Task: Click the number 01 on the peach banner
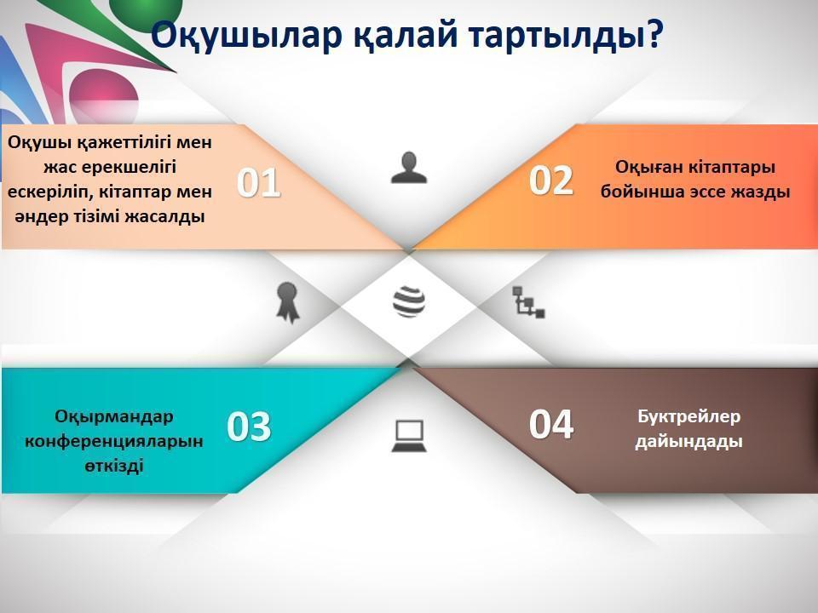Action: [x=259, y=183]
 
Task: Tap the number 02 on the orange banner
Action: [x=551, y=180]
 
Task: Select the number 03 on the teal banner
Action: [x=249, y=427]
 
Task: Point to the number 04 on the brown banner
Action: [x=551, y=424]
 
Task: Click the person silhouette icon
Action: [x=409, y=168]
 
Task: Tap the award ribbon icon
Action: [x=287, y=303]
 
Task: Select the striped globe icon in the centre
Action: [x=409, y=301]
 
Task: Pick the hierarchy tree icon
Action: [x=528, y=302]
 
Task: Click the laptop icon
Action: [x=409, y=436]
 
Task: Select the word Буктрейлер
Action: [x=688, y=416]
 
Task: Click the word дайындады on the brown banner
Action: [x=688, y=442]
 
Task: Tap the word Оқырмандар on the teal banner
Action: [x=113, y=416]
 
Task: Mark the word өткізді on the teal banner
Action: [x=113, y=466]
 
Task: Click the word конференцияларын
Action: [x=113, y=442]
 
